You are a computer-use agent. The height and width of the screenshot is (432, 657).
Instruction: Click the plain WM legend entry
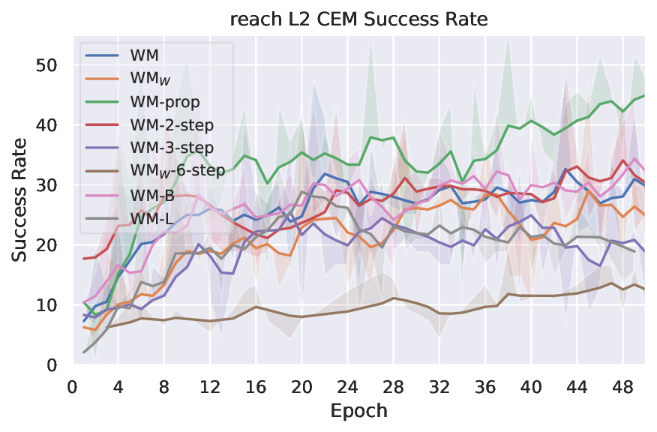tap(143, 55)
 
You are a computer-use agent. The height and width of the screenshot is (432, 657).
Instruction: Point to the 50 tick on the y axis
tap(47, 64)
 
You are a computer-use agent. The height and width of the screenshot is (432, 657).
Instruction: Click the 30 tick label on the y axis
tap(47, 184)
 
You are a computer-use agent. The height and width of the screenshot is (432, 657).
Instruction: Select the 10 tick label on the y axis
tap(47, 304)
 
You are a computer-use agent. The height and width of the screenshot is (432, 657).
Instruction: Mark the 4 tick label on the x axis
tap(118, 387)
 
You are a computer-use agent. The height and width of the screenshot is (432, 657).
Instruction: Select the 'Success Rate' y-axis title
tap(19, 200)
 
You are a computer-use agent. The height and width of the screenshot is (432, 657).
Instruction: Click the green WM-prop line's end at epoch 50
tap(644, 95)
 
